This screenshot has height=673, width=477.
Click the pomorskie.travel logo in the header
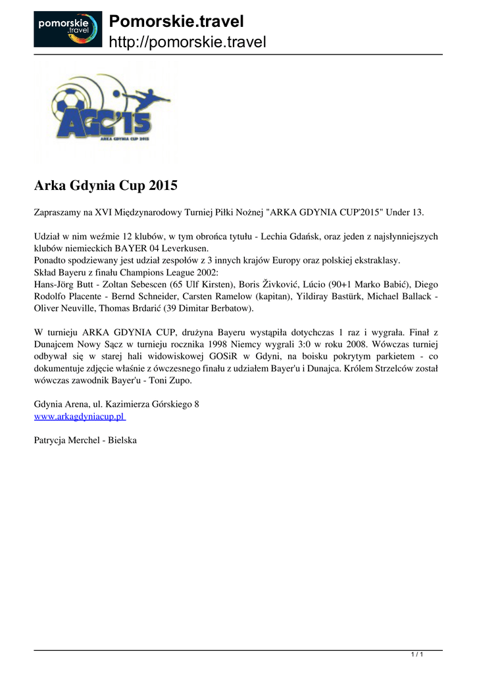(x=68, y=29)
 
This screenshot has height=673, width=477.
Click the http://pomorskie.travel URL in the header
(x=187, y=43)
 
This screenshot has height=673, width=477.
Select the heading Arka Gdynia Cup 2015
(x=105, y=186)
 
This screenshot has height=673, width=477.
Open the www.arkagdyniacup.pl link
(x=79, y=417)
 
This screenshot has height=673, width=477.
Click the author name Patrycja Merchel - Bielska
(x=85, y=440)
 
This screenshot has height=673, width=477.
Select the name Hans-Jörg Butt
(x=63, y=284)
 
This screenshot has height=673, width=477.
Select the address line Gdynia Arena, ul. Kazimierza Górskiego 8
(x=116, y=405)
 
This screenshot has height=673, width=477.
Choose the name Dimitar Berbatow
(x=214, y=308)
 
